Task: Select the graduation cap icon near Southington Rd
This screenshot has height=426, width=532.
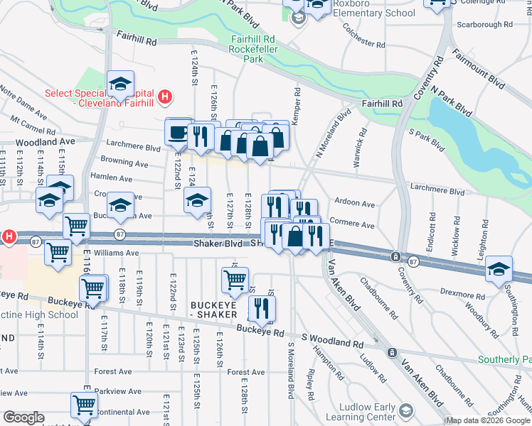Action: (499, 269)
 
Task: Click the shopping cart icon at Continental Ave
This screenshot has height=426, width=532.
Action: (84, 405)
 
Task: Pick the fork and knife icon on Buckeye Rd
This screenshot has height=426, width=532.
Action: (262, 308)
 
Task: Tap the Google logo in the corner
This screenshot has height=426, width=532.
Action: (23, 417)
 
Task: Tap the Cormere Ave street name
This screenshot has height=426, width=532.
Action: (353, 225)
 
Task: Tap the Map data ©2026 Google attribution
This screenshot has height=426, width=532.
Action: (488, 421)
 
